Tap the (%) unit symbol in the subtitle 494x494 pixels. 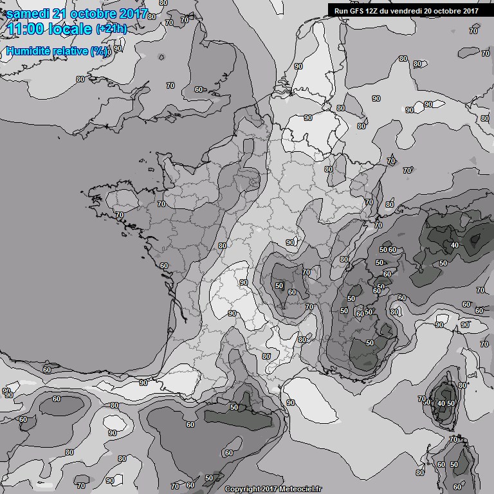pyautogui.click(x=100, y=51)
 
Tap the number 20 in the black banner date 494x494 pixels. pyautogui.click(x=433, y=10)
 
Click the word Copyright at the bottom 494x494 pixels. pyautogui.click(x=242, y=489)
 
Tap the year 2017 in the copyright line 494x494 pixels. pyautogui.click(x=271, y=489)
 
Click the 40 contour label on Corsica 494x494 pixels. pyautogui.click(x=441, y=403)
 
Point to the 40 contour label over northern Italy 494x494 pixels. pyautogui.click(x=455, y=245)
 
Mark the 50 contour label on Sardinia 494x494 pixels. pyautogui.click(x=454, y=464)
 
